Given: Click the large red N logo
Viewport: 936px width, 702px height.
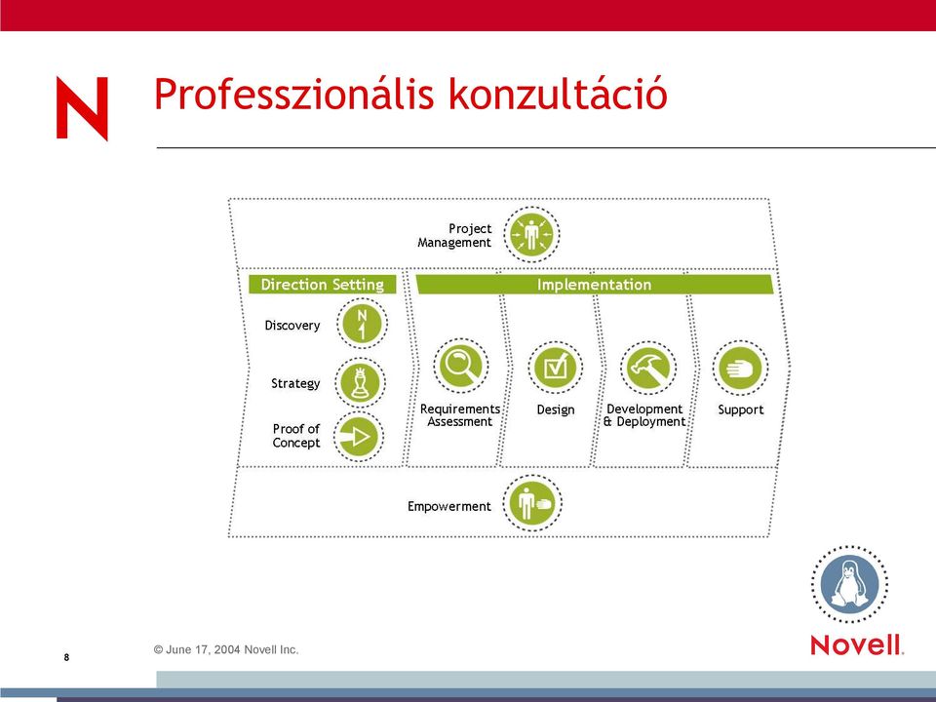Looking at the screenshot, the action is pos(82,108).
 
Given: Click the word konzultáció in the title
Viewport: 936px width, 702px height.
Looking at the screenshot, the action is pos(558,94).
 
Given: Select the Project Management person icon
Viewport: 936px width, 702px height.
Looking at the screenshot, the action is pos(531,235).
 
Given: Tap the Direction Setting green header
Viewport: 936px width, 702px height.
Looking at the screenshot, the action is pos(323,284).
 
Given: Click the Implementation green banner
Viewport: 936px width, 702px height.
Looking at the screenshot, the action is pos(594,284).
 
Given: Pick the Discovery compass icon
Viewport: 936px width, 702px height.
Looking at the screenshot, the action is pos(362,324).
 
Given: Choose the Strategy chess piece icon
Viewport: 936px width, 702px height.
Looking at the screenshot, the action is pos(360,382).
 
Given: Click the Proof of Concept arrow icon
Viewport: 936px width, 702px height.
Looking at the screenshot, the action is pos(358,437).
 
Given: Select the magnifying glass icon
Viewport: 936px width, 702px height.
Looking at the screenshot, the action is pos(460,366).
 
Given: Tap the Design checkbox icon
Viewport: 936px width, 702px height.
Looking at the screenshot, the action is pos(555,368).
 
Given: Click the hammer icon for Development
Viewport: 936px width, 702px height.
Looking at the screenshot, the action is pos(648,368).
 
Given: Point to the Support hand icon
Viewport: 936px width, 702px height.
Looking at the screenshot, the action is pos(740,368).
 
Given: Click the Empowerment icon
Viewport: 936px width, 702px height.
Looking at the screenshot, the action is pos(532,503).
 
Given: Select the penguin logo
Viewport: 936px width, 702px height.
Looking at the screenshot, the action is pos(849,584).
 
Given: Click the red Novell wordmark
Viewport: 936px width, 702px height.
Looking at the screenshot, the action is pos(857,645).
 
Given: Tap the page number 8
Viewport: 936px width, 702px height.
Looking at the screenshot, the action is pos(66,657).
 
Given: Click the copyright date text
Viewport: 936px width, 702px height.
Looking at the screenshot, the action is pos(226,649).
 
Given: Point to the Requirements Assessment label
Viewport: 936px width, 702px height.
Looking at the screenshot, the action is pos(459,415).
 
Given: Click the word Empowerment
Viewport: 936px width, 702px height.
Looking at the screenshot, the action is pos(448,506).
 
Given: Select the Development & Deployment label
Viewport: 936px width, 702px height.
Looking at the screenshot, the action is pos(644,415).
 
